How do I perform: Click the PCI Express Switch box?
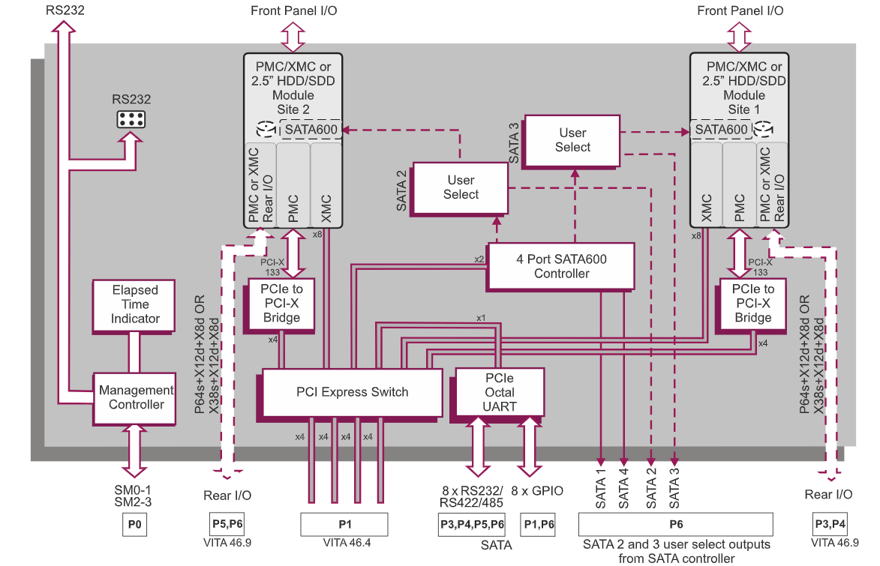click(352, 392)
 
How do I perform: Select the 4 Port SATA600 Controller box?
click(561, 266)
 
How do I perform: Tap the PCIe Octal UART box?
click(500, 392)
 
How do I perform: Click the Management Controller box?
click(137, 397)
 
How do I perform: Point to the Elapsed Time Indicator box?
click(136, 304)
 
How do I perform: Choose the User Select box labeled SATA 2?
click(461, 187)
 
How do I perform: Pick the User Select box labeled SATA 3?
click(572, 140)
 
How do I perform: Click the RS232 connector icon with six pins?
click(131, 119)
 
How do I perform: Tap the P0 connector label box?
click(134, 525)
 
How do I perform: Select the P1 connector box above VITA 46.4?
click(344, 525)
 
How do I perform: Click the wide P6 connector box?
click(676, 525)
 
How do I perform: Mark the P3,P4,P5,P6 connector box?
click(471, 525)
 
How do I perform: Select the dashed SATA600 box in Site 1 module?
click(721, 130)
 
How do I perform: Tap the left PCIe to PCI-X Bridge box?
click(281, 304)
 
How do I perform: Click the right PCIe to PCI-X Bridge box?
click(752, 304)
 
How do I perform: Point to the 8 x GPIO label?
click(537, 491)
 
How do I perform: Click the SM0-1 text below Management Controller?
click(134, 489)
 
